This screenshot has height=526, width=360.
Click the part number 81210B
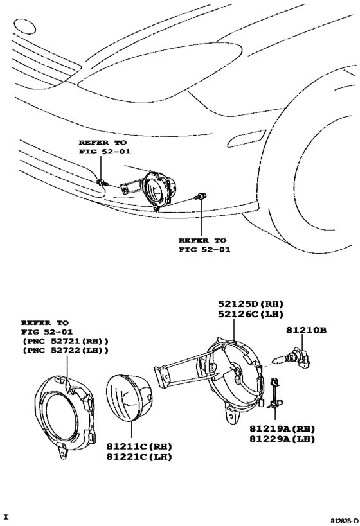tap(306, 330)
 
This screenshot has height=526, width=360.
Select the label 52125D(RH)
tap(251, 304)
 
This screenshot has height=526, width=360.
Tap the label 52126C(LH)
tap(251, 314)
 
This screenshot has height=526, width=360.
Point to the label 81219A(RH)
tap(282, 428)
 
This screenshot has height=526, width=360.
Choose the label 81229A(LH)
tap(282, 439)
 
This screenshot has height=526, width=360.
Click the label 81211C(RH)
tap(139, 446)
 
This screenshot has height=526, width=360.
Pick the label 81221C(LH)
tap(139, 457)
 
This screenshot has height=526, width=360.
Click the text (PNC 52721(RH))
tap(66, 342)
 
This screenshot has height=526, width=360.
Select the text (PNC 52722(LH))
tap(66, 351)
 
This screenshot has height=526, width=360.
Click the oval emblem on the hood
tap(24, 26)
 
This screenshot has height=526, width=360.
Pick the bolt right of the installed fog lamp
tap(201, 196)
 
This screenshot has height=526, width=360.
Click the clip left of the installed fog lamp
tap(101, 182)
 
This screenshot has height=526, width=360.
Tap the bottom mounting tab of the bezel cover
tap(62, 452)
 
